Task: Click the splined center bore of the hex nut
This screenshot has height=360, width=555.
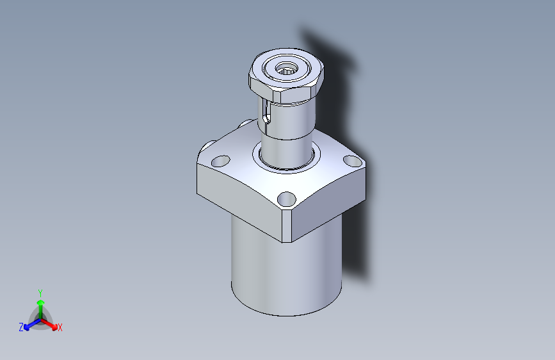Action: [286, 68]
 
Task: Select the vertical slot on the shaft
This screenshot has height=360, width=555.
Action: [267, 113]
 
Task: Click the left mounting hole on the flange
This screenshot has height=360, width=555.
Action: [220, 161]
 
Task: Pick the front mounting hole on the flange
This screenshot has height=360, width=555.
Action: [286, 199]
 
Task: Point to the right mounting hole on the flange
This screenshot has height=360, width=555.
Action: [352, 161]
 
